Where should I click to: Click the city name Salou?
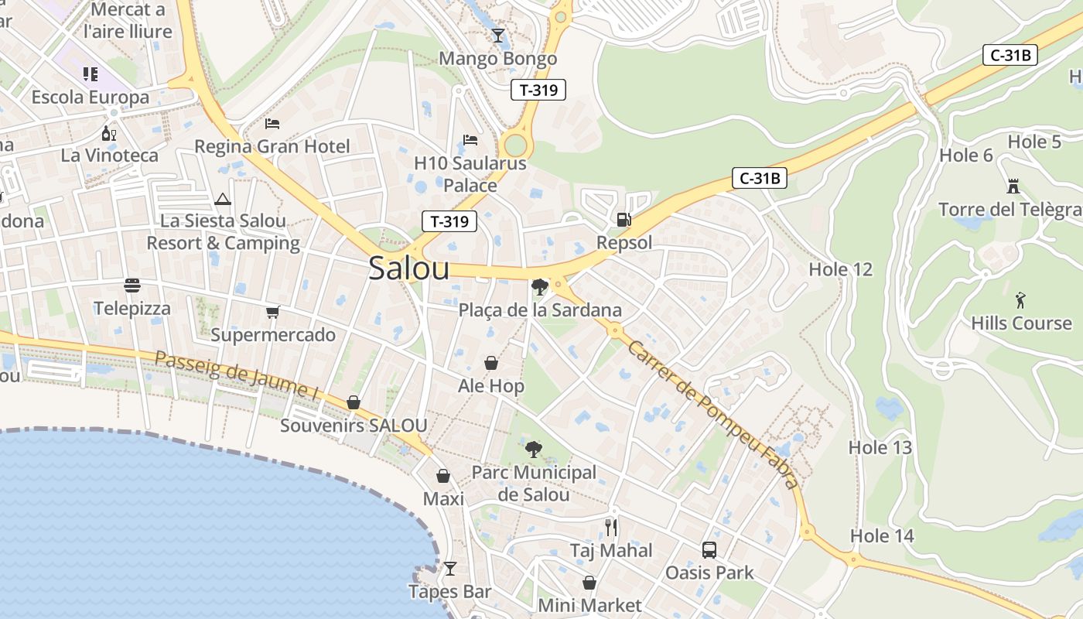408,268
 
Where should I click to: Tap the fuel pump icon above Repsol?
623,219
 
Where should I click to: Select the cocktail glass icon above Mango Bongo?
497,35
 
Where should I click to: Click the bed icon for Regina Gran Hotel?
272,123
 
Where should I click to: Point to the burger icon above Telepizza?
132,286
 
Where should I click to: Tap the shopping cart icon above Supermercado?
272,312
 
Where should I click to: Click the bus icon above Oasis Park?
709,549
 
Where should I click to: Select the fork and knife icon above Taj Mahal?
611,528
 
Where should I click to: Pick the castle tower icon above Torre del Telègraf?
1013,186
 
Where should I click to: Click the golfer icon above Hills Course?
1021,299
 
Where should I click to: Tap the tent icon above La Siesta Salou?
223,199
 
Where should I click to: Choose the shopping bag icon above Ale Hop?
490,362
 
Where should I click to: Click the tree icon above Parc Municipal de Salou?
533,449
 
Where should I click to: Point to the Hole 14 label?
882,535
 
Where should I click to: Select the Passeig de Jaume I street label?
237,375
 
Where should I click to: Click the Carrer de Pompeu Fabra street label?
712,413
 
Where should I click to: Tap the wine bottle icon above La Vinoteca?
109,133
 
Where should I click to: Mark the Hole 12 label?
840,269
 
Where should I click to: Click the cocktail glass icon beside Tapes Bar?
449,569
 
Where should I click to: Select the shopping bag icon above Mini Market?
589,582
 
